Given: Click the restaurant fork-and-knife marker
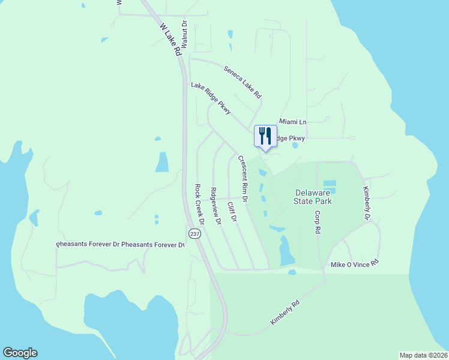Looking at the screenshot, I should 265,136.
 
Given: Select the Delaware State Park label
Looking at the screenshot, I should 313,197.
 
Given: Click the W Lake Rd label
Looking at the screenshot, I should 170,40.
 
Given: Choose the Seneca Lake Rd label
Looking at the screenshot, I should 243,82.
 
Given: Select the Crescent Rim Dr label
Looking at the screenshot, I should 243,178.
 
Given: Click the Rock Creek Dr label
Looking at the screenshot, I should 200,204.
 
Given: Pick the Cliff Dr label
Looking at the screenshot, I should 232,212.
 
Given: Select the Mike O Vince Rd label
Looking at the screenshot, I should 355,264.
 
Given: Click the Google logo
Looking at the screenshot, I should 20,353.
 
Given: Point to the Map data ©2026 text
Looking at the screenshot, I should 423,355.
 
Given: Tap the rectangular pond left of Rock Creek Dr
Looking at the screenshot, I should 162,162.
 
